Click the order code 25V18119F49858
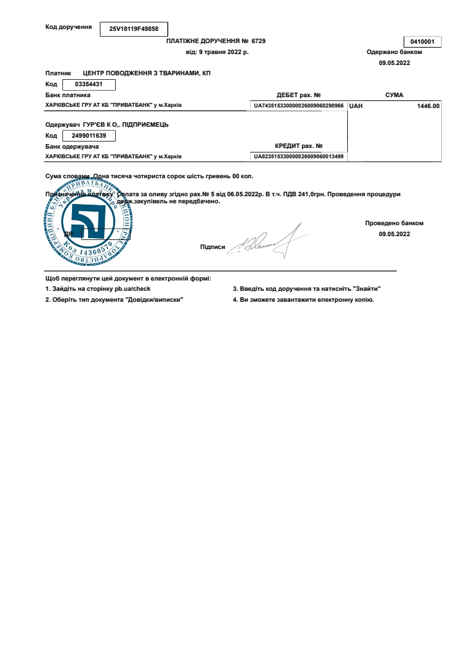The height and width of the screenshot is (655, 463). click(134, 29)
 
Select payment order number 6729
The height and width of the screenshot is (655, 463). click(258, 41)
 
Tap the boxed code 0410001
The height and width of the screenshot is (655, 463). click(422, 42)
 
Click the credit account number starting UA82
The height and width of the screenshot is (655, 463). click(298, 156)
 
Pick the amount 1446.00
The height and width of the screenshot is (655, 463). click(428, 106)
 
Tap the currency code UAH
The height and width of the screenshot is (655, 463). click(356, 106)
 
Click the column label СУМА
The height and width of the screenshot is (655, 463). click(394, 95)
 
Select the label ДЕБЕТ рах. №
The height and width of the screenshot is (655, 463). click(298, 95)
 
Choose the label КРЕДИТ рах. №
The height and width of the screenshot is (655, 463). click(298, 146)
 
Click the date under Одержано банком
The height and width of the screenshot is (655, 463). click(394, 63)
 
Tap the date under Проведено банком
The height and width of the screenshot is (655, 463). click(394, 234)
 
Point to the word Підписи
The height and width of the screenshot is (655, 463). click(212, 246)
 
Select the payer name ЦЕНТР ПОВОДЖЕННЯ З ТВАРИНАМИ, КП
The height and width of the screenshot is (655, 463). click(147, 73)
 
